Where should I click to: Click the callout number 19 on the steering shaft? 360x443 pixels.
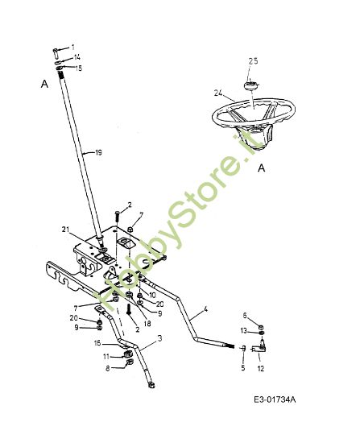pyautogui.click(x=98, y=152)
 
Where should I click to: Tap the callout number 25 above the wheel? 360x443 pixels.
pyautogui.click(x=253, y=61)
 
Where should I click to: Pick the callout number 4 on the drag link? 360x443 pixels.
pyautogui.click(x=206, y=308)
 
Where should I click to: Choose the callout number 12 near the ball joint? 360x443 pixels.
pyautogui.click(x=259, y=370)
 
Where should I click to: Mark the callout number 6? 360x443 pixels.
pyautogui.click(x=245, y=315)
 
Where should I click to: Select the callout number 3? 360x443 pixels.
pyautogui.click(x=159, y=340)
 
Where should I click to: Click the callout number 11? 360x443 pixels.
pyautogui.click(x=106, y=355)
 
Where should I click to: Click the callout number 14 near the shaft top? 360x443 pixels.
pyautogui.click(x=77, y=58)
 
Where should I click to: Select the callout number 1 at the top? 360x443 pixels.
pyautogui.click(x=72, y=48)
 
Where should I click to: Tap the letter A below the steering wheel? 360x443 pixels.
pyautogui.click(x=262, y=168)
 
